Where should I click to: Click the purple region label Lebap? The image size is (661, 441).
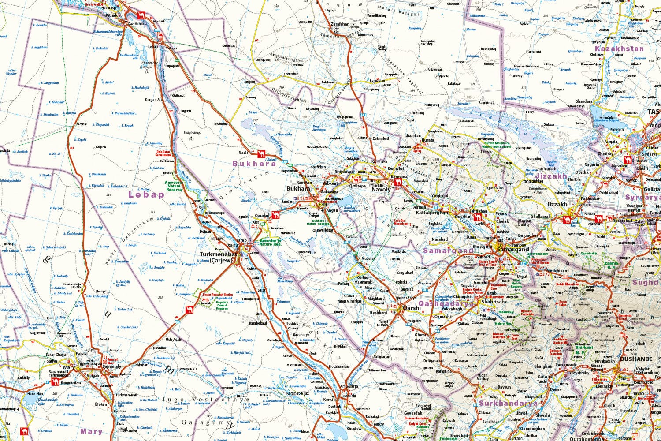coord(146,194)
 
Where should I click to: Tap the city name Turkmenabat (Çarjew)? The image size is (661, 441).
coord(216,258)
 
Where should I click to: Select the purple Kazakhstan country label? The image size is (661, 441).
coord(619,49)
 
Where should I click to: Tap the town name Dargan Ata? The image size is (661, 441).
coord(154,100)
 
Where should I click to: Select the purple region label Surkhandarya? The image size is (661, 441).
coord(508,403)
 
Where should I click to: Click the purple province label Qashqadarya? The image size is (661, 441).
coord(446,303)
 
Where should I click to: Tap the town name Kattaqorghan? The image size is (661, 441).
coord(432,213)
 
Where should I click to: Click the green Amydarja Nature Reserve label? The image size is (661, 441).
coord(174,185)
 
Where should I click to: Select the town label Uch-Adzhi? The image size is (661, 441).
coord(174,339)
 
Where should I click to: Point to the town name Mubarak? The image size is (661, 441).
coord(368,258)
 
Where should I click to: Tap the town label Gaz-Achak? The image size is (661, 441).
coord(135,23)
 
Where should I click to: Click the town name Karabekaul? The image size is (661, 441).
coord(258,323)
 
